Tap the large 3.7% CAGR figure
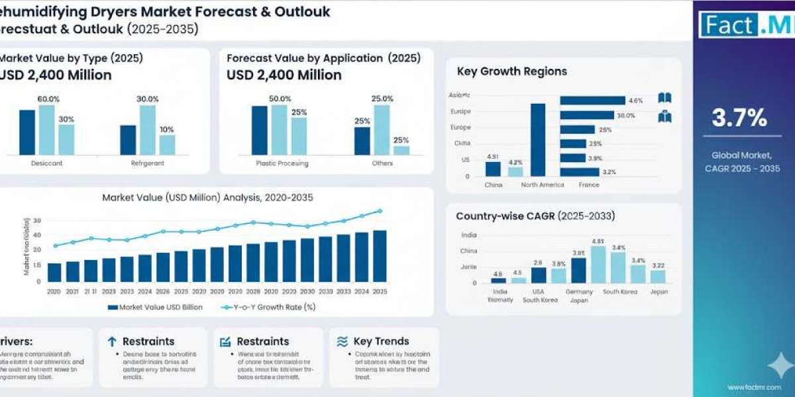[x=739, y=118]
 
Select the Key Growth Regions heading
[x=511, y=71]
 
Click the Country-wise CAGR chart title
[x=535, y=216]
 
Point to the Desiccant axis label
[x=46, y=163]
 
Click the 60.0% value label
[x=48, y=99]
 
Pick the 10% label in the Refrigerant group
[x=167, y=130]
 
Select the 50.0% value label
[x=280, y=99]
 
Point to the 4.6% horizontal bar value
[x=636, y=101]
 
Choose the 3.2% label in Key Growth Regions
[x=609, y=172]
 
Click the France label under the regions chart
[x=588, y=185]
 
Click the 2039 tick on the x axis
[x=325, y=291]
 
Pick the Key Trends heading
[x=381, y=341]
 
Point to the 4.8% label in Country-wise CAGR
[x=598, y=242]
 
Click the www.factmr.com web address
[x=753, y=388]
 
